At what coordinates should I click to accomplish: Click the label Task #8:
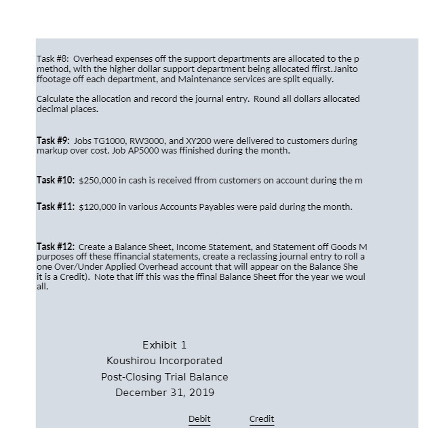(x=53, y=59)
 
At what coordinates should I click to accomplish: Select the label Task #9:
(x=53, y=141)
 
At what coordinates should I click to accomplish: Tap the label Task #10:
(x=56, y=180)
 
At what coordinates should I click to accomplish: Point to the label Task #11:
(x=56, y=207)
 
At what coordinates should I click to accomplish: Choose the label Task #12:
(x=56, y=247)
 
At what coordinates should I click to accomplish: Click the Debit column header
(x=199, y=419)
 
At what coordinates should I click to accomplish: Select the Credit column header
(x=262, y=419)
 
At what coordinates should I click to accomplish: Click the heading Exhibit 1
(x=164, y=345)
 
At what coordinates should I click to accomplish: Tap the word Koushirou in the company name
(x=130, y=361)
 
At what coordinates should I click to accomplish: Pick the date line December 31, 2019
(x=165, y=393)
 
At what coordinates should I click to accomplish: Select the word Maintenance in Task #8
(x=203, y=79)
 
